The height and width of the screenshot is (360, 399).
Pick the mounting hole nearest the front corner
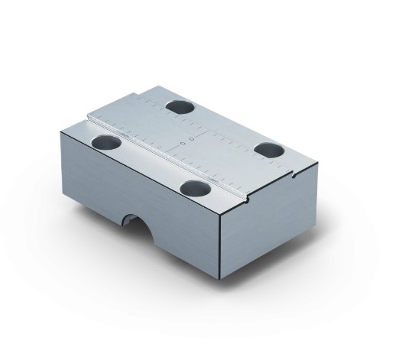[194, 186]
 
